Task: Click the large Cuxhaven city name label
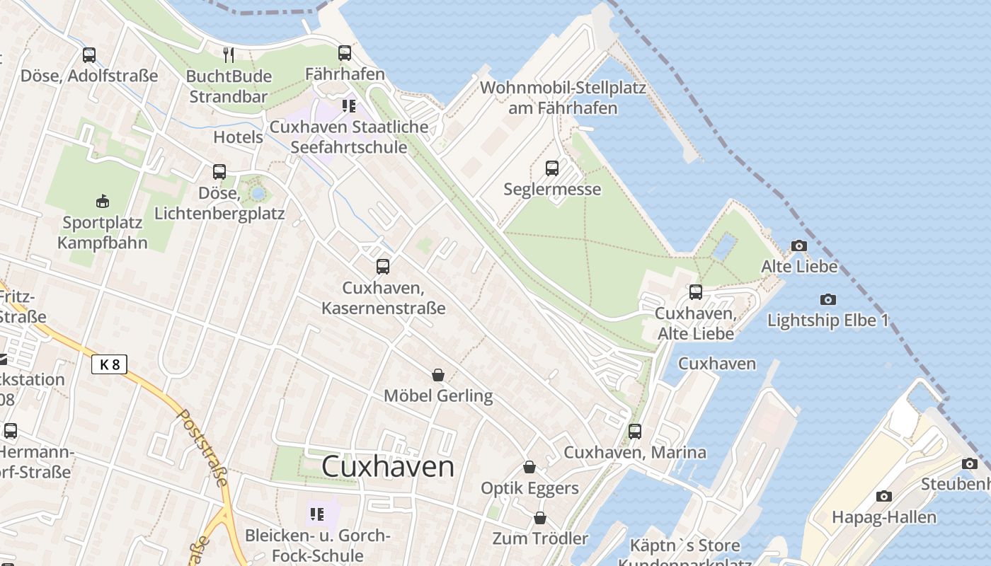pos(388,467)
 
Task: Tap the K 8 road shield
pos(109,364)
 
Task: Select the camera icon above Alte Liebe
pos(799,246)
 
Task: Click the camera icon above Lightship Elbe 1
pos(827,299)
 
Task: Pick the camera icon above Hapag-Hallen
pos(883,496)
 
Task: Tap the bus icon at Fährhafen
pos(345,53)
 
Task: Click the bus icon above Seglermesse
pos(552,168)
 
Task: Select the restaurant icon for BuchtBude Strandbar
pos(228,55)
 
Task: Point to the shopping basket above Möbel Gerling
pos(438,374)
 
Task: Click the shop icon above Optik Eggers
pos(529,467)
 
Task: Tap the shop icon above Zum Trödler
pos(540,518)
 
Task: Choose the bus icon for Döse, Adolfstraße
pos(89,54)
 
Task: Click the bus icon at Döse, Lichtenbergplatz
pos(219,171)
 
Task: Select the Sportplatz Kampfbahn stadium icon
pos(103,202)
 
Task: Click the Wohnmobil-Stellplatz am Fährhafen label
pos(563,98)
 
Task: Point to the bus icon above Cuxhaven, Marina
pos(635,431)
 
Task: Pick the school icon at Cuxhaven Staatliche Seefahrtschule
pos(348,106)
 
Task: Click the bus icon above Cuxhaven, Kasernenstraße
pos(383,267)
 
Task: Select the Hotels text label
pos(238,137)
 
